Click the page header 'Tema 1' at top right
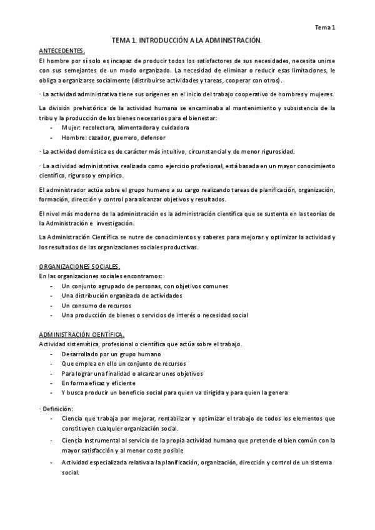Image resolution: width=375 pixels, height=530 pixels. point(324,27)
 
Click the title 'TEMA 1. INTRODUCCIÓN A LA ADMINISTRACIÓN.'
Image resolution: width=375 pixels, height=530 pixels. point(186,40)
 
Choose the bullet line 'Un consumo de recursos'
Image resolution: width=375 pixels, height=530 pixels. point(96,305)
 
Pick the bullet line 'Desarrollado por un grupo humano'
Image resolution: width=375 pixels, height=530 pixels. point(111,354)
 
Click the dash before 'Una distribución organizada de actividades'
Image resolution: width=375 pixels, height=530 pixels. point(50,296)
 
